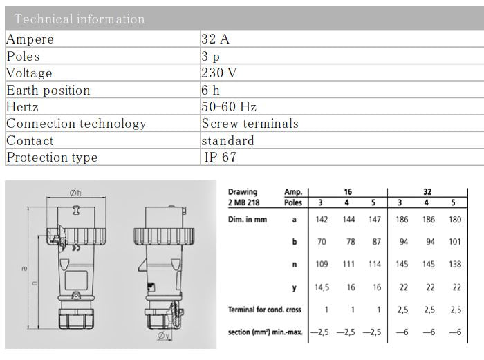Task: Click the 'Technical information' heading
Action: (80, 19)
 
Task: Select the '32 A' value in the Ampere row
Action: (216, 39)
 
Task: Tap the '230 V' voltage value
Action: (219, 73)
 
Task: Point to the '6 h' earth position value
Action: (211, 91)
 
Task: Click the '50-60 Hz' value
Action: (229, 107)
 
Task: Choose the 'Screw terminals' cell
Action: (250, 124)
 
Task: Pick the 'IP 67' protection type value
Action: (221, 158)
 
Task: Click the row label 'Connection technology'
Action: (77, 124)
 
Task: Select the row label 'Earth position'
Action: (48, 91)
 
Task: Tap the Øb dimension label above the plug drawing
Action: (76, 193)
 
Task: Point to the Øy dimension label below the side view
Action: (163, 337)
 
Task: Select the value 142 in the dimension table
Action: (320, 220)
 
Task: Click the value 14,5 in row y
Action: (320, 287)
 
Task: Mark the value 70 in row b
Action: (320, 242)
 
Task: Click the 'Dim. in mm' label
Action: (248, 220)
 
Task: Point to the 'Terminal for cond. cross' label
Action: (265, 310)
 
